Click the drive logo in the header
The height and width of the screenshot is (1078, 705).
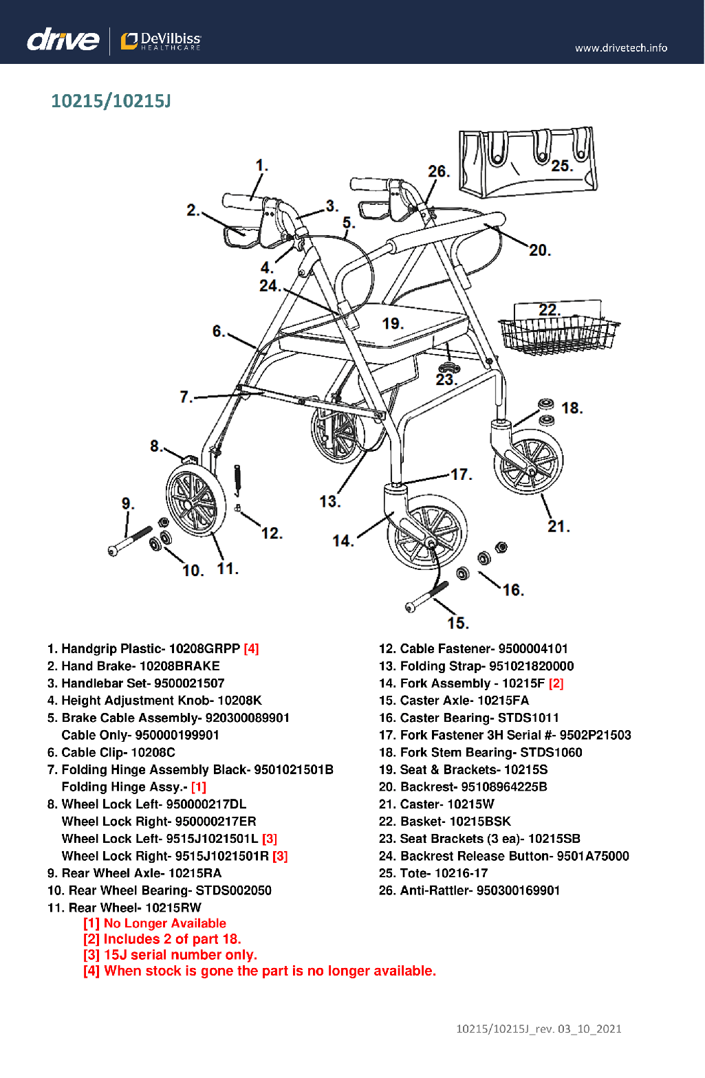(63, 39)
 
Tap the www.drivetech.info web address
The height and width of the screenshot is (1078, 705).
(620, 47)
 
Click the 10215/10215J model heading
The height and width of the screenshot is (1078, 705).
(111, 101)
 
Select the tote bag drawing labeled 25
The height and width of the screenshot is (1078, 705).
(528, 162)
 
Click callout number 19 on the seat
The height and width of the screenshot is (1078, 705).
(393, 323)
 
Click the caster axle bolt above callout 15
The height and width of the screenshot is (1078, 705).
(426, 596)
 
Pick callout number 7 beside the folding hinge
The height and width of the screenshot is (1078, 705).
(186, 397)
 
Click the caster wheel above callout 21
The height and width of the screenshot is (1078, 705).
(528, 461)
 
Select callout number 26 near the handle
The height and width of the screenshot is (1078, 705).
(438, 171)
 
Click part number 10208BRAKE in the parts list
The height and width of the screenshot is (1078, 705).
(180, 665)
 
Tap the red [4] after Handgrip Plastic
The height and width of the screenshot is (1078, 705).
(251, 648)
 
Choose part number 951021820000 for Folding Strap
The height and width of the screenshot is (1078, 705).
(531, 665)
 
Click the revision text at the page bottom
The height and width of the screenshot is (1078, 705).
(539, 1028)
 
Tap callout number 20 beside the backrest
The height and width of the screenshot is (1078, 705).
(540, 250)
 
